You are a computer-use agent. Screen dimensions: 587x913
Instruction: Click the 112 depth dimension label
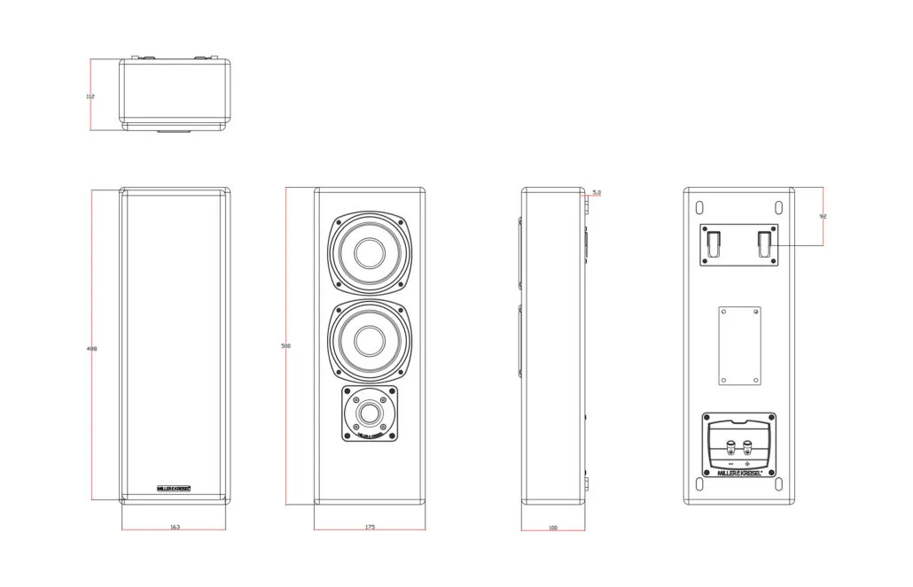pyautogui.click(x=90, y=96)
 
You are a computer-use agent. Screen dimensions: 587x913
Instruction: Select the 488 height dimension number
pyautogui.click(x=91, y=349)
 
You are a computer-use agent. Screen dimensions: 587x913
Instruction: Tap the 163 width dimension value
pyautogui.click(x=175, y=527)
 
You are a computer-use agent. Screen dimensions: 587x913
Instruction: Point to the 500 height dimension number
pyautogui.click(x=285, y=345)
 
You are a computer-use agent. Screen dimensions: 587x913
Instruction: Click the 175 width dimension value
pyautogui.click(x=370, y=527)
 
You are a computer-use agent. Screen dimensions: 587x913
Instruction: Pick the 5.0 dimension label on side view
pyautogui.click(x=597, y=192)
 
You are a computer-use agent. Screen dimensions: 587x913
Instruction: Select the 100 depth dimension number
pyautogui.click(x=553, y=528)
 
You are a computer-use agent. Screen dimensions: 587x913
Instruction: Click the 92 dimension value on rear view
pyautogui.click(x=823, y=216)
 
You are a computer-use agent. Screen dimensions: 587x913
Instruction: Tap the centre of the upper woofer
pyautogui.click(x=371, y=251)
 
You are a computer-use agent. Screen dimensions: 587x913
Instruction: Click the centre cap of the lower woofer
pyautogui.click(x=371, y=339)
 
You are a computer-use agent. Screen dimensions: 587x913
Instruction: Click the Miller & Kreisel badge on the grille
pyautogui.click(x=174, y=487)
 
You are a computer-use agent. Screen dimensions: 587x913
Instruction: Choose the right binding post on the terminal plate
pyautogui.click(x=748, y=445)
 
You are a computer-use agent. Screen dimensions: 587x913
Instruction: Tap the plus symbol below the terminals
pyautogui.click(x=748, y=464)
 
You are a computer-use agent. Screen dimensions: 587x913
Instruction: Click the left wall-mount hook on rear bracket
pyautogui.click(x=713, y=241)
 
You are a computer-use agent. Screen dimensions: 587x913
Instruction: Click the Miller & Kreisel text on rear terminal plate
pyautogui.click(x=739, y=474)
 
